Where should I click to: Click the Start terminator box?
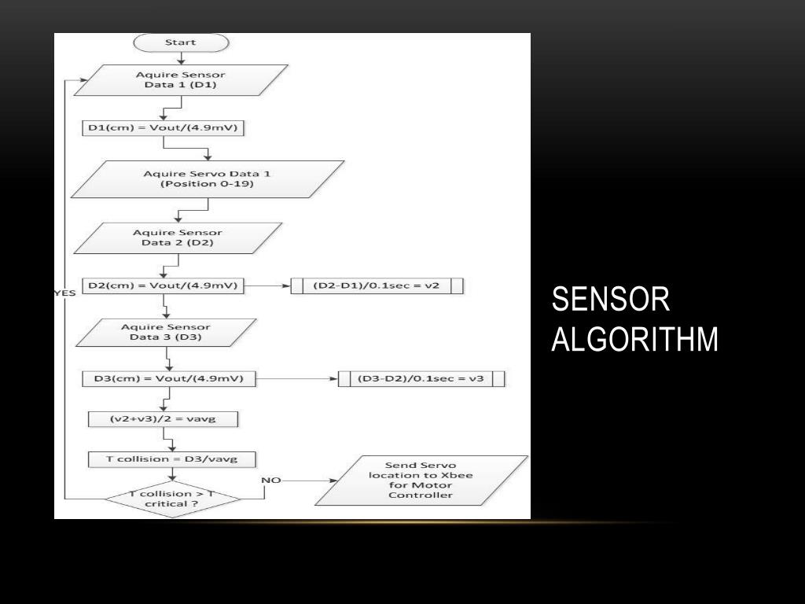pyautogui.click(x=181, y=42)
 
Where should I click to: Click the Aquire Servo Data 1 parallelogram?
pyautogui.click(x=208, y=179)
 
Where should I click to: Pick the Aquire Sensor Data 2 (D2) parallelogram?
pyautogui.click(x=177, y=238)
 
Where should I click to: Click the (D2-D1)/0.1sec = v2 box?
pyautogui.click(x=377, y=286)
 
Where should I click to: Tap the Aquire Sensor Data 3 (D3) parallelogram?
pyautogui.click(x=165, y=333)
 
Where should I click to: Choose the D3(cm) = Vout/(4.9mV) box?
pyautogui.click(x=169, y=379)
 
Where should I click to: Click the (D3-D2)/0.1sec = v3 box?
pyautogui.click(x=421, y=379)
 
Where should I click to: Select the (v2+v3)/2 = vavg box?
pyautogui.click(x=163, y=419)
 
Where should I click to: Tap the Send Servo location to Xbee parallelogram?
pyautogui.click(x=421, y=480)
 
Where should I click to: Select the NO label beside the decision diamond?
pyautogui.click(x=270, y=480)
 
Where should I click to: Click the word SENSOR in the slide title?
pyautogui.click(x=610, y=300)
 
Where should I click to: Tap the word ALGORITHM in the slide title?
pyautogui.click(x=634, y=340)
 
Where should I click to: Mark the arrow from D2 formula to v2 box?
pyautogui.click(x=267, y=286)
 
